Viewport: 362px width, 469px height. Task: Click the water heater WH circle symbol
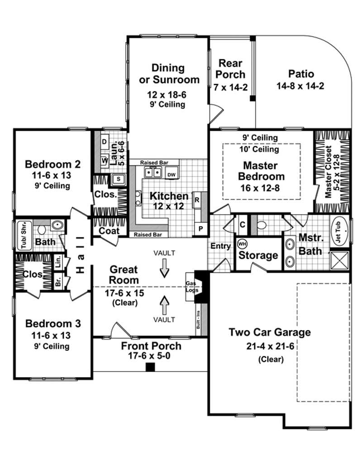pos(242,243)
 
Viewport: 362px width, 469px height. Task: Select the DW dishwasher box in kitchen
pos(171,174)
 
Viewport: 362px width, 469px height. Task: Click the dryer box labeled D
pos(104,141)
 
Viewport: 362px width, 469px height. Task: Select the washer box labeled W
pos(104,160)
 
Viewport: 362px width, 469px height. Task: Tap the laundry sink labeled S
pos(119,178)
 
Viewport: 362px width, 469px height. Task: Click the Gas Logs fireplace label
pos(191,287)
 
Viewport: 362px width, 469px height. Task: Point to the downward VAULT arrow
pos(164,270)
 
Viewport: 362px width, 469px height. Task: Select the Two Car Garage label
pos(270,332)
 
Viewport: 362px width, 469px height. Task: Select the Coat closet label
pos(109,231)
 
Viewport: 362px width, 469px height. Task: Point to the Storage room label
pos(258,255)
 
